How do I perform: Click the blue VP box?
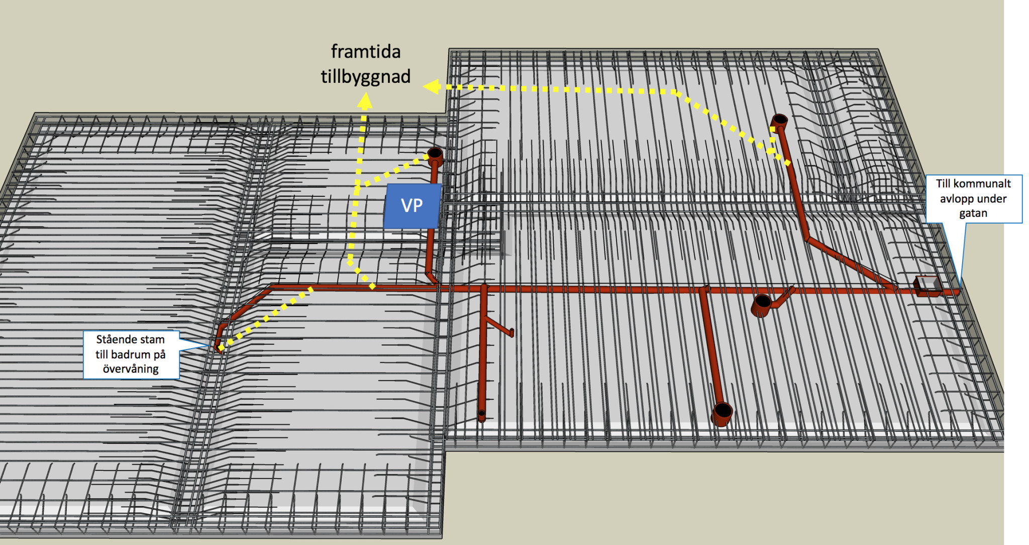[412, 206]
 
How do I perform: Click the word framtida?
[366, 52]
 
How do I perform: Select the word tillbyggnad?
[366, 77]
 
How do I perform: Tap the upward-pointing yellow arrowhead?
[365, 101]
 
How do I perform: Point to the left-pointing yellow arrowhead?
[432, 86]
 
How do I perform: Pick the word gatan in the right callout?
[973, 213]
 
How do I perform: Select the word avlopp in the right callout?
[957, 199]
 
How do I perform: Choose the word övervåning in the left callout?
[131, 369]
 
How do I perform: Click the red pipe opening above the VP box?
[435, 153]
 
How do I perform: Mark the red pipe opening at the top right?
[779, 121]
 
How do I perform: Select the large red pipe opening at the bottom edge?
[723, 411]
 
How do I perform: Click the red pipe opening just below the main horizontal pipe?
[762, 303]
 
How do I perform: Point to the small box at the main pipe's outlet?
[928, 286]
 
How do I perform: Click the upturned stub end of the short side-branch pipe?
[511, 332]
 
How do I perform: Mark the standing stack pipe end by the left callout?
[218, 346]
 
